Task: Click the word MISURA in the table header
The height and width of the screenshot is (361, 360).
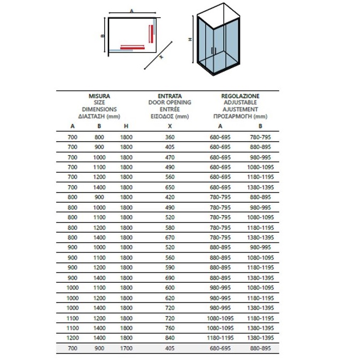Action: pos(99,97)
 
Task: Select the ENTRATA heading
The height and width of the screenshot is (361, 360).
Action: pos(170,97)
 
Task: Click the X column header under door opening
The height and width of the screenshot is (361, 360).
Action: pos(170,127)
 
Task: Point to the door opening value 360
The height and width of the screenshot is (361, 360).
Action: pos(170,137)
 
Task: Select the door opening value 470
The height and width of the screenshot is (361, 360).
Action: pos(170,157)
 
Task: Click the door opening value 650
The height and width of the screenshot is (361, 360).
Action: pos(170,187)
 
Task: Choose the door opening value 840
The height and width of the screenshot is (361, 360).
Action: pos(170,338)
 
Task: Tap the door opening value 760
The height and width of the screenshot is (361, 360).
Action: pos(170,328)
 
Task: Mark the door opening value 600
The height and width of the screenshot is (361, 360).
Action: pos(170,288)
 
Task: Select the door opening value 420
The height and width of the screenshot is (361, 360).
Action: pos(170,197)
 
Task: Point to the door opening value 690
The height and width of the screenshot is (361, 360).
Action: pos(170,277)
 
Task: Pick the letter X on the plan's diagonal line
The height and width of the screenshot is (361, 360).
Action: pos(160,57)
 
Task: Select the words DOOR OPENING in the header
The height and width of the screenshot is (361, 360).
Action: pos(170,102)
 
